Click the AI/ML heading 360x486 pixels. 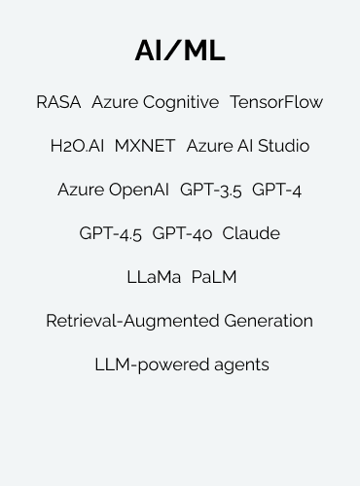180,52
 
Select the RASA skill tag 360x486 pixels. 58,102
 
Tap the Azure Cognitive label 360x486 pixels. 156,102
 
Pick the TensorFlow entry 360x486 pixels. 276,102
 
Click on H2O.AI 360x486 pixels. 77,146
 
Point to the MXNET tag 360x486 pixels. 145,146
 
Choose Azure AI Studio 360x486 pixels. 248,146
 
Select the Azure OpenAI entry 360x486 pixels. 114,190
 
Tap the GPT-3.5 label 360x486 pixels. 211,190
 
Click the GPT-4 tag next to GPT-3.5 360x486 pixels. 277,190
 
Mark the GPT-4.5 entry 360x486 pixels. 110,233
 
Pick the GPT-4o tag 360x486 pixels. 182,233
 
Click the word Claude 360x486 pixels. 251,233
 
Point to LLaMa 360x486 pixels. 154,277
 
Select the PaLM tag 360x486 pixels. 214,277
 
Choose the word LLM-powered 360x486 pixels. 148,365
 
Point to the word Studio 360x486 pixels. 282,146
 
